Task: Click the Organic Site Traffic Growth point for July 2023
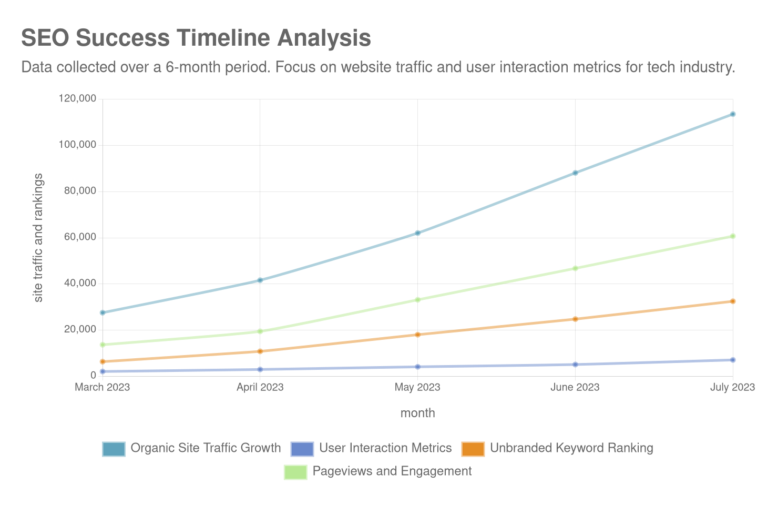732,114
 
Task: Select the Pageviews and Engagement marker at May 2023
417,300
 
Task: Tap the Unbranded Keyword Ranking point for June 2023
575,319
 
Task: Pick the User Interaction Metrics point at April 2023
260,369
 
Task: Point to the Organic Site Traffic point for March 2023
103,312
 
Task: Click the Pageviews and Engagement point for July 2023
732,236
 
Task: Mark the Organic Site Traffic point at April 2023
260,280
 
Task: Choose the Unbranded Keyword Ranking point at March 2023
103,361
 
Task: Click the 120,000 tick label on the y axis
77,98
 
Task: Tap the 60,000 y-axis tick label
80,237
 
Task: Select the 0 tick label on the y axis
93,375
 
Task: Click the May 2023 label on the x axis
417,387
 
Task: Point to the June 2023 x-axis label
575,387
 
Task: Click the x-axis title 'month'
417,413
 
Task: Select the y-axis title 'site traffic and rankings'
38,237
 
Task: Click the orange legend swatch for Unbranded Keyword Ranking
473,449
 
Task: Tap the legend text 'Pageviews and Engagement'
392,471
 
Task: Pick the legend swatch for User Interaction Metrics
302,449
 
